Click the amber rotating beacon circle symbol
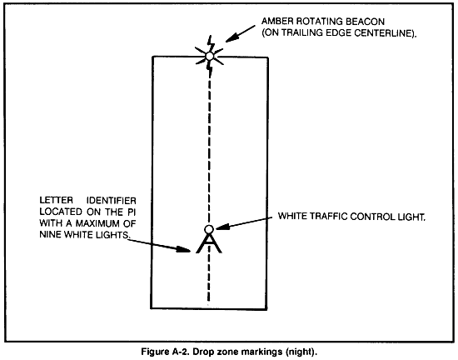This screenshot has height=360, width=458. (x=209, y=56)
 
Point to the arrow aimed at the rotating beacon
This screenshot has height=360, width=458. (x=240, y=33)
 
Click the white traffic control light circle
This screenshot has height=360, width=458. (x=208, y=230)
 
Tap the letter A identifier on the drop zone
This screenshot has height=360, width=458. (x=208, y=243)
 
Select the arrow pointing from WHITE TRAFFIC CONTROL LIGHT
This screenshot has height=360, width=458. (x=244, y=222)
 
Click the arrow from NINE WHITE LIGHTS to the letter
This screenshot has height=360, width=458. (x=159, y=246)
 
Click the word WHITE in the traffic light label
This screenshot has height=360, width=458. (x=292, y=216)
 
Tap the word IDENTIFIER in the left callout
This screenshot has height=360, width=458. (x=112, y=201)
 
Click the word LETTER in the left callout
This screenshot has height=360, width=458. (x=57, y=201)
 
